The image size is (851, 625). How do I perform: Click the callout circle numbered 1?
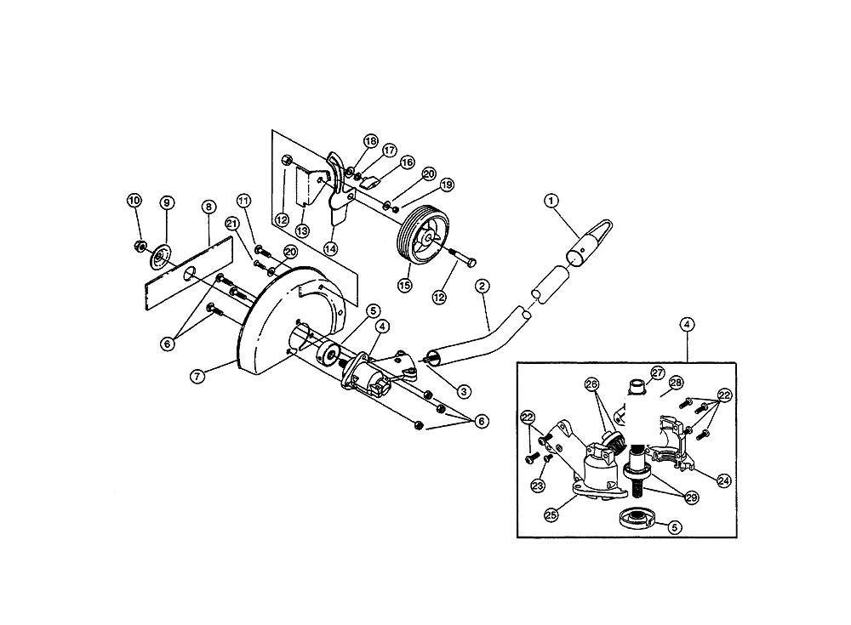pyautogui.click(x=551, y=202)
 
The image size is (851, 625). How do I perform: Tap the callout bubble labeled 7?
pyautogui.click(x=197, y=376)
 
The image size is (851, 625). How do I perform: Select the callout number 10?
pyautogui.click(x=134, y=201)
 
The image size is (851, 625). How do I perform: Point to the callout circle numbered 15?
pyautogui.click(x=405, y=285)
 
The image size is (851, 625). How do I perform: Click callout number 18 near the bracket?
pyautogui.click(x=371, y=142)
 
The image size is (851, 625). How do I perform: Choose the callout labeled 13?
pyautogui.click(x=302, y=231)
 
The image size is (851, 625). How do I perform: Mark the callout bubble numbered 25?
pyautogui.click(x=551, y=514)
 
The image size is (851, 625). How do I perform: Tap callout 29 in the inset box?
pyautogui.click(x=692, y=497)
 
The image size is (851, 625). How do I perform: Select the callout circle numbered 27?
pyautogui.click(x=658, y=373)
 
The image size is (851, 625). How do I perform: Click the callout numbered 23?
pyautogui.click(x=537, y=486)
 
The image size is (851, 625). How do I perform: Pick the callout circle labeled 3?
pyautogui.click(x=464, y=391)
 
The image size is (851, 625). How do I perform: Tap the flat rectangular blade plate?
pyautogui.click(x=188, y=274)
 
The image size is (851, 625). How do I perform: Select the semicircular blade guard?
pyautogui.click(x=271, y=326)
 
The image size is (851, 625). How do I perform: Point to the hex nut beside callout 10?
pyautogui.click(x=139, y=247)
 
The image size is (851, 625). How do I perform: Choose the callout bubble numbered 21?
pyautogui.click(x=232, y=224)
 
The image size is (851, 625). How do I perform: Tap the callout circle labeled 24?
pyautogui.click(x=724, y=480)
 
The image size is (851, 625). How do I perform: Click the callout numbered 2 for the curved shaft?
pyautogui.click(x=482, y=286)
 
